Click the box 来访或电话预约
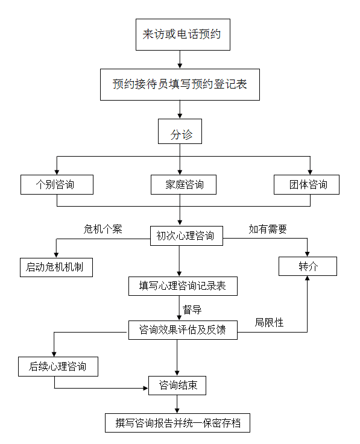[x=183, y=34]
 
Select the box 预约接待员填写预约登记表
[x=180, y=84]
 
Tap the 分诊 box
[x=180, y=131]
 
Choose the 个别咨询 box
[x=57, y=184]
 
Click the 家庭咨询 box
[x=183, y=184]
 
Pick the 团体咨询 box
[x=306, y=184]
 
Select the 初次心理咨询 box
[x=186, y=236]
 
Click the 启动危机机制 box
[x=56, y=267]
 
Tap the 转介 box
[x=308, y=266]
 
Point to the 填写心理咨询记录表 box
[x=183, y=286]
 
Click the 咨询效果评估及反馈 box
[x=183, y=330]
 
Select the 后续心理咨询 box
[x=58, y=366]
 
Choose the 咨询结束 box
[x=177, y=386]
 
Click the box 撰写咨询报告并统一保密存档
[x=177, y=423]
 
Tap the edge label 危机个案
[x=103, y=229]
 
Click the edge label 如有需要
[x=268, y=229]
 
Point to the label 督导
[x=192, y=310]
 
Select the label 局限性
[x=269, y=322]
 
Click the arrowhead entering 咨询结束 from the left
[x=146, y=388]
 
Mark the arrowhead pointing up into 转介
[x=307, y=278]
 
